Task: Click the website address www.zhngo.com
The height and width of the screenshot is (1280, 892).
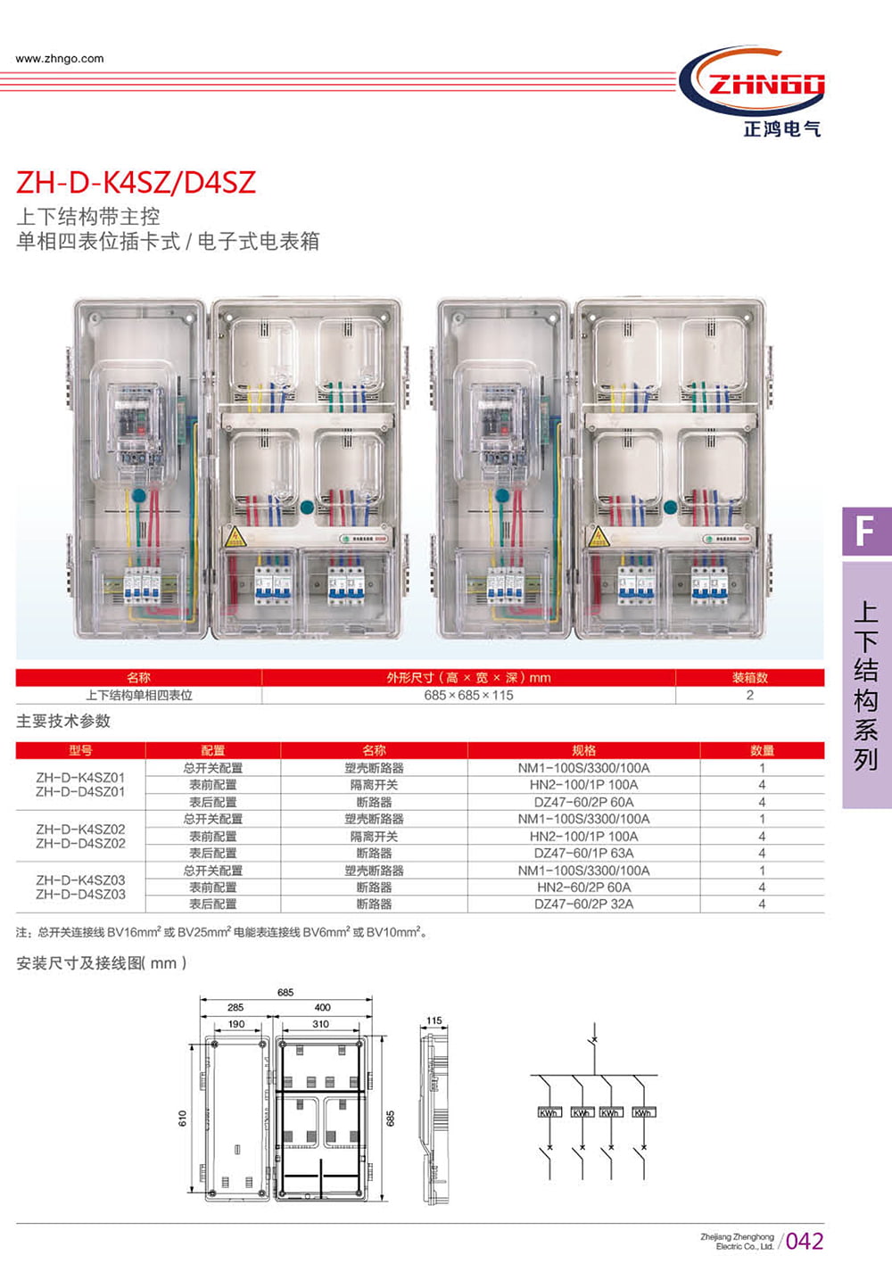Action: pos(60,59)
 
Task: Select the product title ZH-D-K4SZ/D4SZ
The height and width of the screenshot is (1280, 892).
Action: pos(136,182)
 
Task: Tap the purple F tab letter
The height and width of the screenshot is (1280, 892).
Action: pos(864,532)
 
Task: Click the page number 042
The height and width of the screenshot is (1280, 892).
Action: pos(805,1241)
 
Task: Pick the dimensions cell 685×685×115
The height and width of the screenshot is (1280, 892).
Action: pos(468,695)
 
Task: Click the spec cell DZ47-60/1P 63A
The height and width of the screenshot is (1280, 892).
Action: pos(583,853)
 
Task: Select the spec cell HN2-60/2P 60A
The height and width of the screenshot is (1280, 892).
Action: pos(583,888)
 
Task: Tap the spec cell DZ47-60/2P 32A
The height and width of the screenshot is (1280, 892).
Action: pos(583,904)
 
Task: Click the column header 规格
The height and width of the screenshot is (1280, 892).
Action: pos(583,750)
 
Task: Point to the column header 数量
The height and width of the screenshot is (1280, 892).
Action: pos(762,750)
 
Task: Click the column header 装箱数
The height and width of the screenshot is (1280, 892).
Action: pos(749,678)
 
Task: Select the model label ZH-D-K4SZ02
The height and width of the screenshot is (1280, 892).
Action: pos(80,830)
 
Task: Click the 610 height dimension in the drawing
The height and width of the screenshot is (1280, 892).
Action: pos(182,1118)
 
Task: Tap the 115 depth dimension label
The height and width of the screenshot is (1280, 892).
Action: pos(434,1020)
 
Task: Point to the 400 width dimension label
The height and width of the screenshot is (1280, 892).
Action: pos(322,1007)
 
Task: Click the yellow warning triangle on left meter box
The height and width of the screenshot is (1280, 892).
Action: pos(235,536)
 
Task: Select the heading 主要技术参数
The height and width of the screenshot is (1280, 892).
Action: pos(63,721)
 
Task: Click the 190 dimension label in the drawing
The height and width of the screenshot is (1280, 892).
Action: pos(235,1024)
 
